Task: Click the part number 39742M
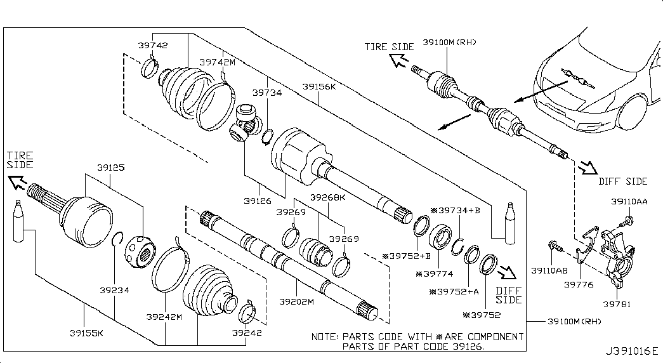coord(217,62)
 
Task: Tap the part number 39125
coord(110,168)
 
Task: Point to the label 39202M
coord(297,301)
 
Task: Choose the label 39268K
coord(327,197)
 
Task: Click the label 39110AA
coord(629,201)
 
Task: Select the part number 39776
coord(579,284)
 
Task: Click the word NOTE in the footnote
coord(325,336)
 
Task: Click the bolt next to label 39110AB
coord(553,245)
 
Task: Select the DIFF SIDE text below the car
coord(622,181)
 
